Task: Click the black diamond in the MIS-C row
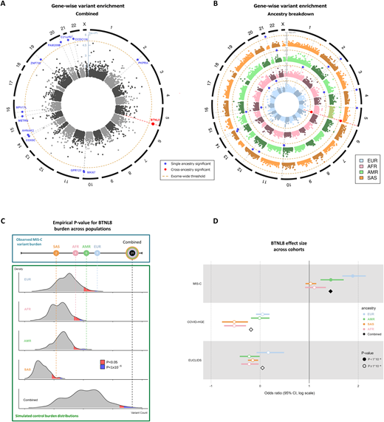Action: point(330,292)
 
